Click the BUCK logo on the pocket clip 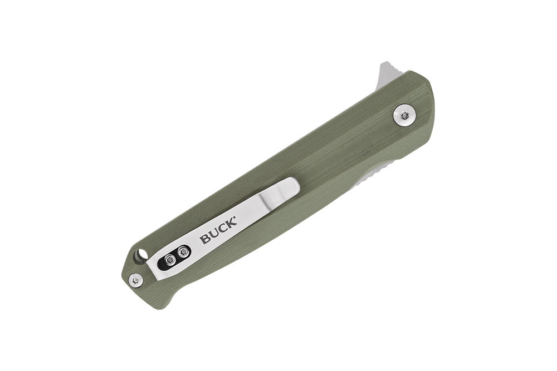coord(218,231)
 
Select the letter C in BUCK coord(223,229)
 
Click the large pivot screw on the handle coord(404,115)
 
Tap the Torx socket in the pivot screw coord(404,115)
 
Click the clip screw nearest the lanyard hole coord(171,260)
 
